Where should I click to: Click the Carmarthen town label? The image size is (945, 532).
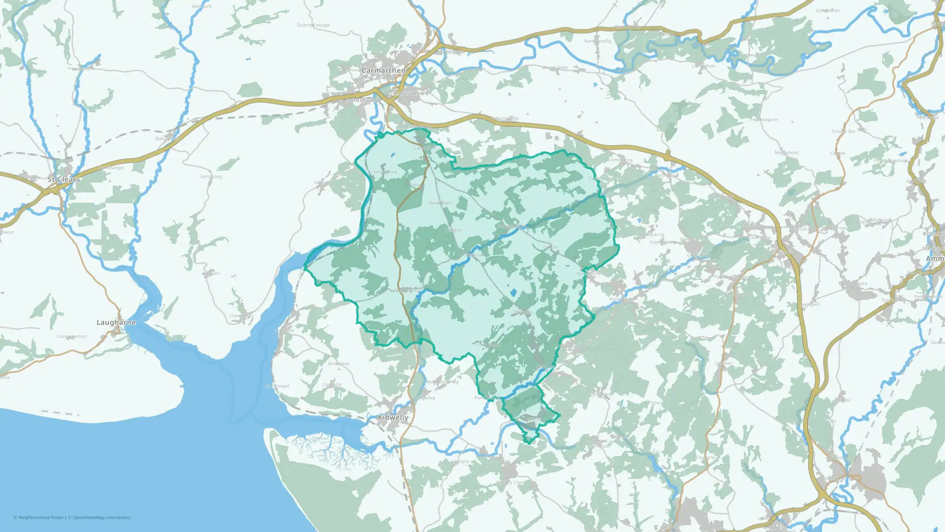pos(383,70)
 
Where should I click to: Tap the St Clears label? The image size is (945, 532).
pos(64,179)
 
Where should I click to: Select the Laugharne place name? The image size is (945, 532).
pos(116,323)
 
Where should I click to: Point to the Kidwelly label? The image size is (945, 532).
pos(393,418)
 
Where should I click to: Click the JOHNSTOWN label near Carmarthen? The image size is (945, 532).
pos(362,101)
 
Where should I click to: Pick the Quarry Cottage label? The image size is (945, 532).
pos(313,25)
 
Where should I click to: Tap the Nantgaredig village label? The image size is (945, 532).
pos(597,41)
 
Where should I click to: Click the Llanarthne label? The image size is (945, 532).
pos(703,66)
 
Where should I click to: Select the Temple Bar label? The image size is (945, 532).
pos(843,131)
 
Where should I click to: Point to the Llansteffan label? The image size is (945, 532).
pos(241,315)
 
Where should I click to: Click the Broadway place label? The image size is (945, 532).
pos(339,364)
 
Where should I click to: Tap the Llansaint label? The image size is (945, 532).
pos(332,384)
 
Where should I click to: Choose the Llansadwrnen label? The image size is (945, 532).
pos(71,337)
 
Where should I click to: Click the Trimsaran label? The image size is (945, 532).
pos(499,461)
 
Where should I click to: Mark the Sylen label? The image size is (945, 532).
pos(656,403)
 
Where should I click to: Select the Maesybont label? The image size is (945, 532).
pos(787,153)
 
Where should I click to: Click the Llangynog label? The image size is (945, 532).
pos(210,176)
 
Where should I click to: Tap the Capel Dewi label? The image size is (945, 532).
pos(555,68)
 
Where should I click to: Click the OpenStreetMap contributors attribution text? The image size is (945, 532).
pos(102,518)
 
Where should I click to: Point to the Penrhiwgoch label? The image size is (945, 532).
pos(764,120)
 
